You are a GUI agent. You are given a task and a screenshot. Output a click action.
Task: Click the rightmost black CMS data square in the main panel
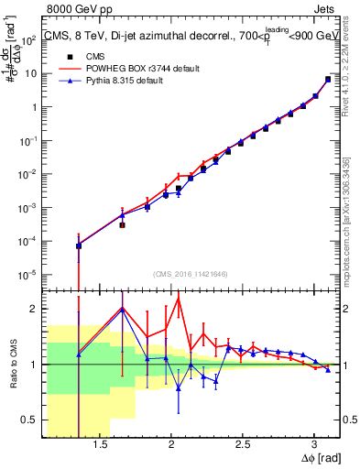(x=328, y=79)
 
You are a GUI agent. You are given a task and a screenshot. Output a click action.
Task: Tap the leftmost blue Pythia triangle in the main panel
(x=79, y=245)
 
